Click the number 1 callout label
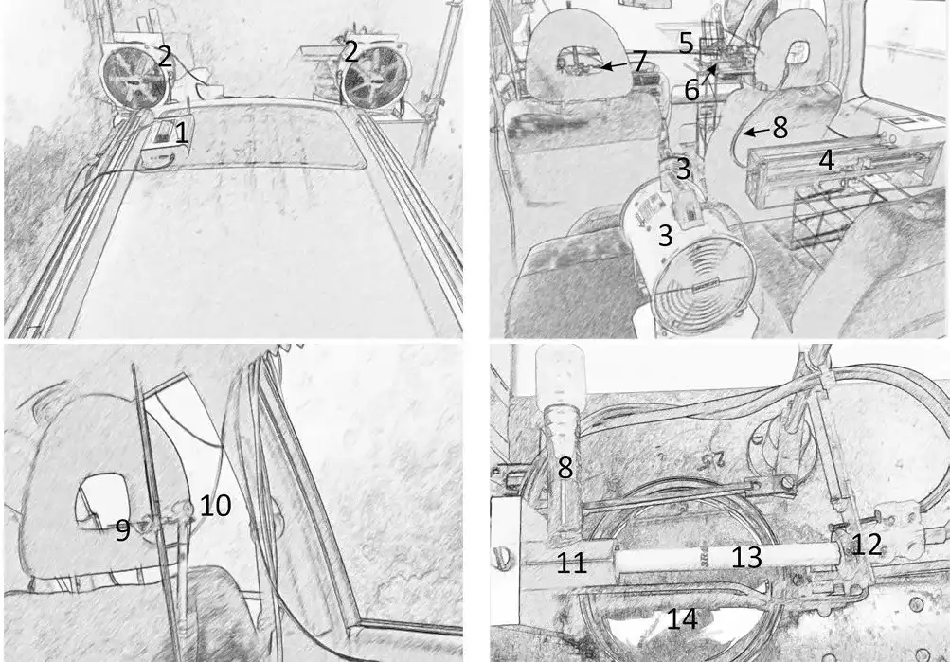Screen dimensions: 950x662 181,134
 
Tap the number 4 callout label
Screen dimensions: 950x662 827,160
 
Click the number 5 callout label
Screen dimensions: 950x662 686,43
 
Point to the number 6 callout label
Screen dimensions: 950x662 692,90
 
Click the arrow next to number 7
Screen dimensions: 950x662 616,64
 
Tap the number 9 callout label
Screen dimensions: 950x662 122,530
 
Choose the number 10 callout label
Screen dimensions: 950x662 215,505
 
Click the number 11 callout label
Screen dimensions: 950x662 571,563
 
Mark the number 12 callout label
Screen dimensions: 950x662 867,545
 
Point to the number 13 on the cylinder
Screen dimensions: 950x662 746,557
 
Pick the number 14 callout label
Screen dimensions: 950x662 682,619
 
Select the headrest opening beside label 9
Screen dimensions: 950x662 101,500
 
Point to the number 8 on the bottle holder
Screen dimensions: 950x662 565,468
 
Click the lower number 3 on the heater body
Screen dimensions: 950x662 665,235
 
